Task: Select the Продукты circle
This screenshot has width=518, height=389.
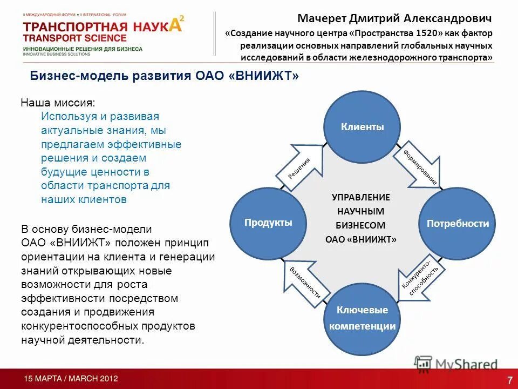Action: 268,223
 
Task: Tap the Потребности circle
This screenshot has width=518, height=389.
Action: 458,224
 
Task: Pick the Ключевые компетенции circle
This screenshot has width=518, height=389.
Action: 362,318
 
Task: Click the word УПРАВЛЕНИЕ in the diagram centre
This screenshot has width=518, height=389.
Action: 361,198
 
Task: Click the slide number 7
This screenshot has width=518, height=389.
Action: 509,379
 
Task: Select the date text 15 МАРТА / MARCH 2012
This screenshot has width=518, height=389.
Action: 71,379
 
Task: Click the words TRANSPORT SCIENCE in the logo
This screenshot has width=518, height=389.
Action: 75,38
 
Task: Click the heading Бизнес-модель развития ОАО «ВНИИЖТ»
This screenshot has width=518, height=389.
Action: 164,76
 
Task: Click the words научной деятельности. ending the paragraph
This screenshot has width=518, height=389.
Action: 83,340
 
